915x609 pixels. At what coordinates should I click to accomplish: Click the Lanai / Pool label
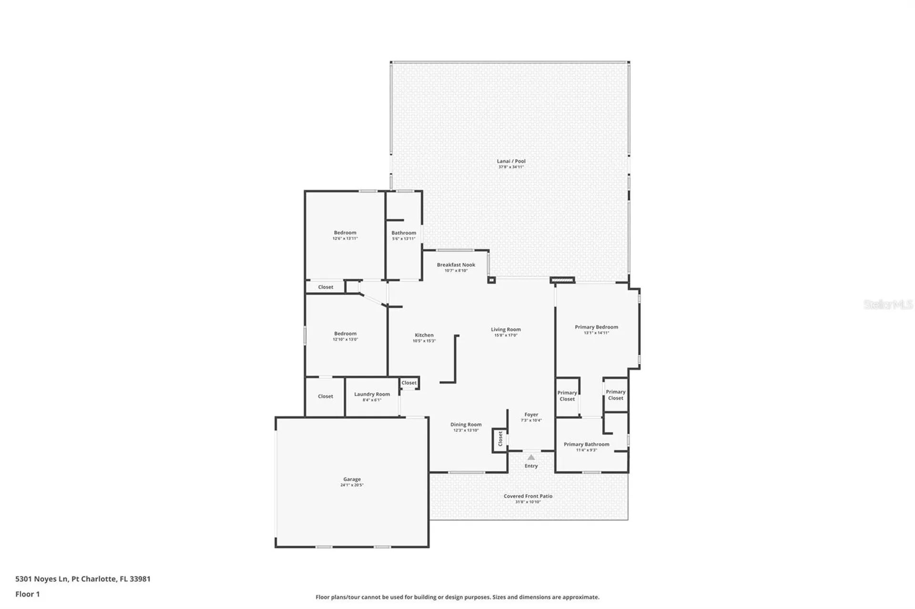click(x=511, y=161)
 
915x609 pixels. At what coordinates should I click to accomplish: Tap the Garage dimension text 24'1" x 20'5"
click(x=352, y=485)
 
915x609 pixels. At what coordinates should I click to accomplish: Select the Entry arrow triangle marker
click(x=531, y=458)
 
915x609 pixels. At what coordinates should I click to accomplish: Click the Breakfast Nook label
click(x=456, y=265)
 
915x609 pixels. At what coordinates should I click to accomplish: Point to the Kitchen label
click(x=424, y=335)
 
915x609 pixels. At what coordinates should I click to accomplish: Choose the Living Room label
click(x=506, y=329)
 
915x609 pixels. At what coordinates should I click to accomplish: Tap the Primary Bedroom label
click(x=596, y=327)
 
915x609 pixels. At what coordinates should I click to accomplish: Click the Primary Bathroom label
click(x=586, y=444)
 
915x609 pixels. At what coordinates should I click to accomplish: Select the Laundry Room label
click(x=372, y=394)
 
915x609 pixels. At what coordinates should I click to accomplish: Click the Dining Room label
click(x=466, y=425)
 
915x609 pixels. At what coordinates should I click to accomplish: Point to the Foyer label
click(x=531, y=415)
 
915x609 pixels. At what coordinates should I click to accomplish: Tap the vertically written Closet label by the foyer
click(x=500, y=439)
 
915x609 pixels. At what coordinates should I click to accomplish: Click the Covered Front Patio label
click(x=528, y=496)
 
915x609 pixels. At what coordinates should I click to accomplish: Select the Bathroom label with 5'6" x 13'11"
click(x=404, y=233)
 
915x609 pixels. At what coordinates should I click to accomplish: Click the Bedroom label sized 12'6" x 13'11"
click(x=345, y=233)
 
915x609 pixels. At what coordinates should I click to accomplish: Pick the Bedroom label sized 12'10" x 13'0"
click(x=345, y=334)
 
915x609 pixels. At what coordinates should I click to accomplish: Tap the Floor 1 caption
click(x=28, y=594)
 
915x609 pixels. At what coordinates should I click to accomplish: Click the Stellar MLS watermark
click(x=887, y=305)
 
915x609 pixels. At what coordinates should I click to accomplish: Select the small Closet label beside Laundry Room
click(x=408, y=383)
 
